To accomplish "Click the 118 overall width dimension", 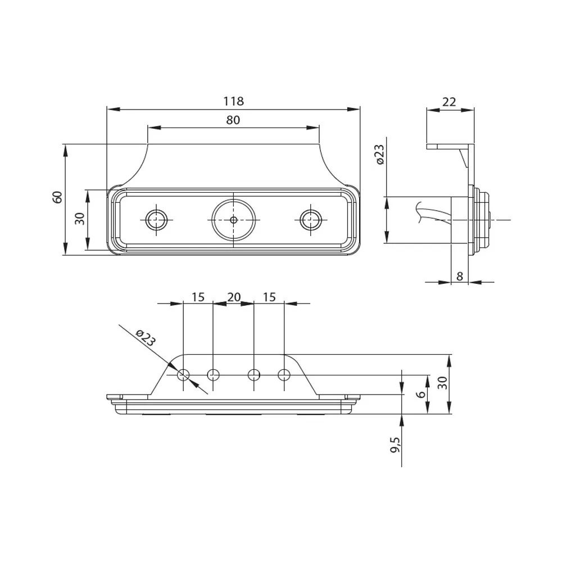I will [x=233, y=101].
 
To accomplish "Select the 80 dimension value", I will [x=233, y=120].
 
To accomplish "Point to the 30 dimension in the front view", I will [x=80, y=219].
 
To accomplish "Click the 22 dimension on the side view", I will [x=449, y=102].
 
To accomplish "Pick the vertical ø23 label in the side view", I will [x=379, y=155].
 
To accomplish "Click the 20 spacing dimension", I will [x=233, y=297].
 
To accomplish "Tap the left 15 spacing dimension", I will [x=198, y=297].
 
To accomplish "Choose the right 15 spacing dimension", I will [x=269, y=297].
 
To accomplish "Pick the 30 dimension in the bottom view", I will [x=442, y=383].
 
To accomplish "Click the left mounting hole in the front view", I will [x=156, y=220].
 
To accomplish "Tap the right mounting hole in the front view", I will [x=309, y=220].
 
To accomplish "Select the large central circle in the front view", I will [x=233, y=220].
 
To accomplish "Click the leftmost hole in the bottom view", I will [x=183, y=374].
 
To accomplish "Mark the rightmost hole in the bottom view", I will [x=284, y=374].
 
